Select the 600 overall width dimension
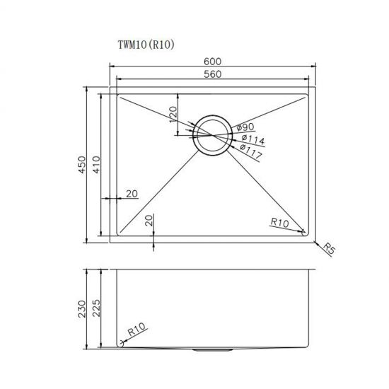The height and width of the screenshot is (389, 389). (212, 62)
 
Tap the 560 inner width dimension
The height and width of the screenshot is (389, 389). (212, 74)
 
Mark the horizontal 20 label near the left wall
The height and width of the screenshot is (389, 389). (132, 194)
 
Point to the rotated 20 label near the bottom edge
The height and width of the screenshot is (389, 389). (149, 220)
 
